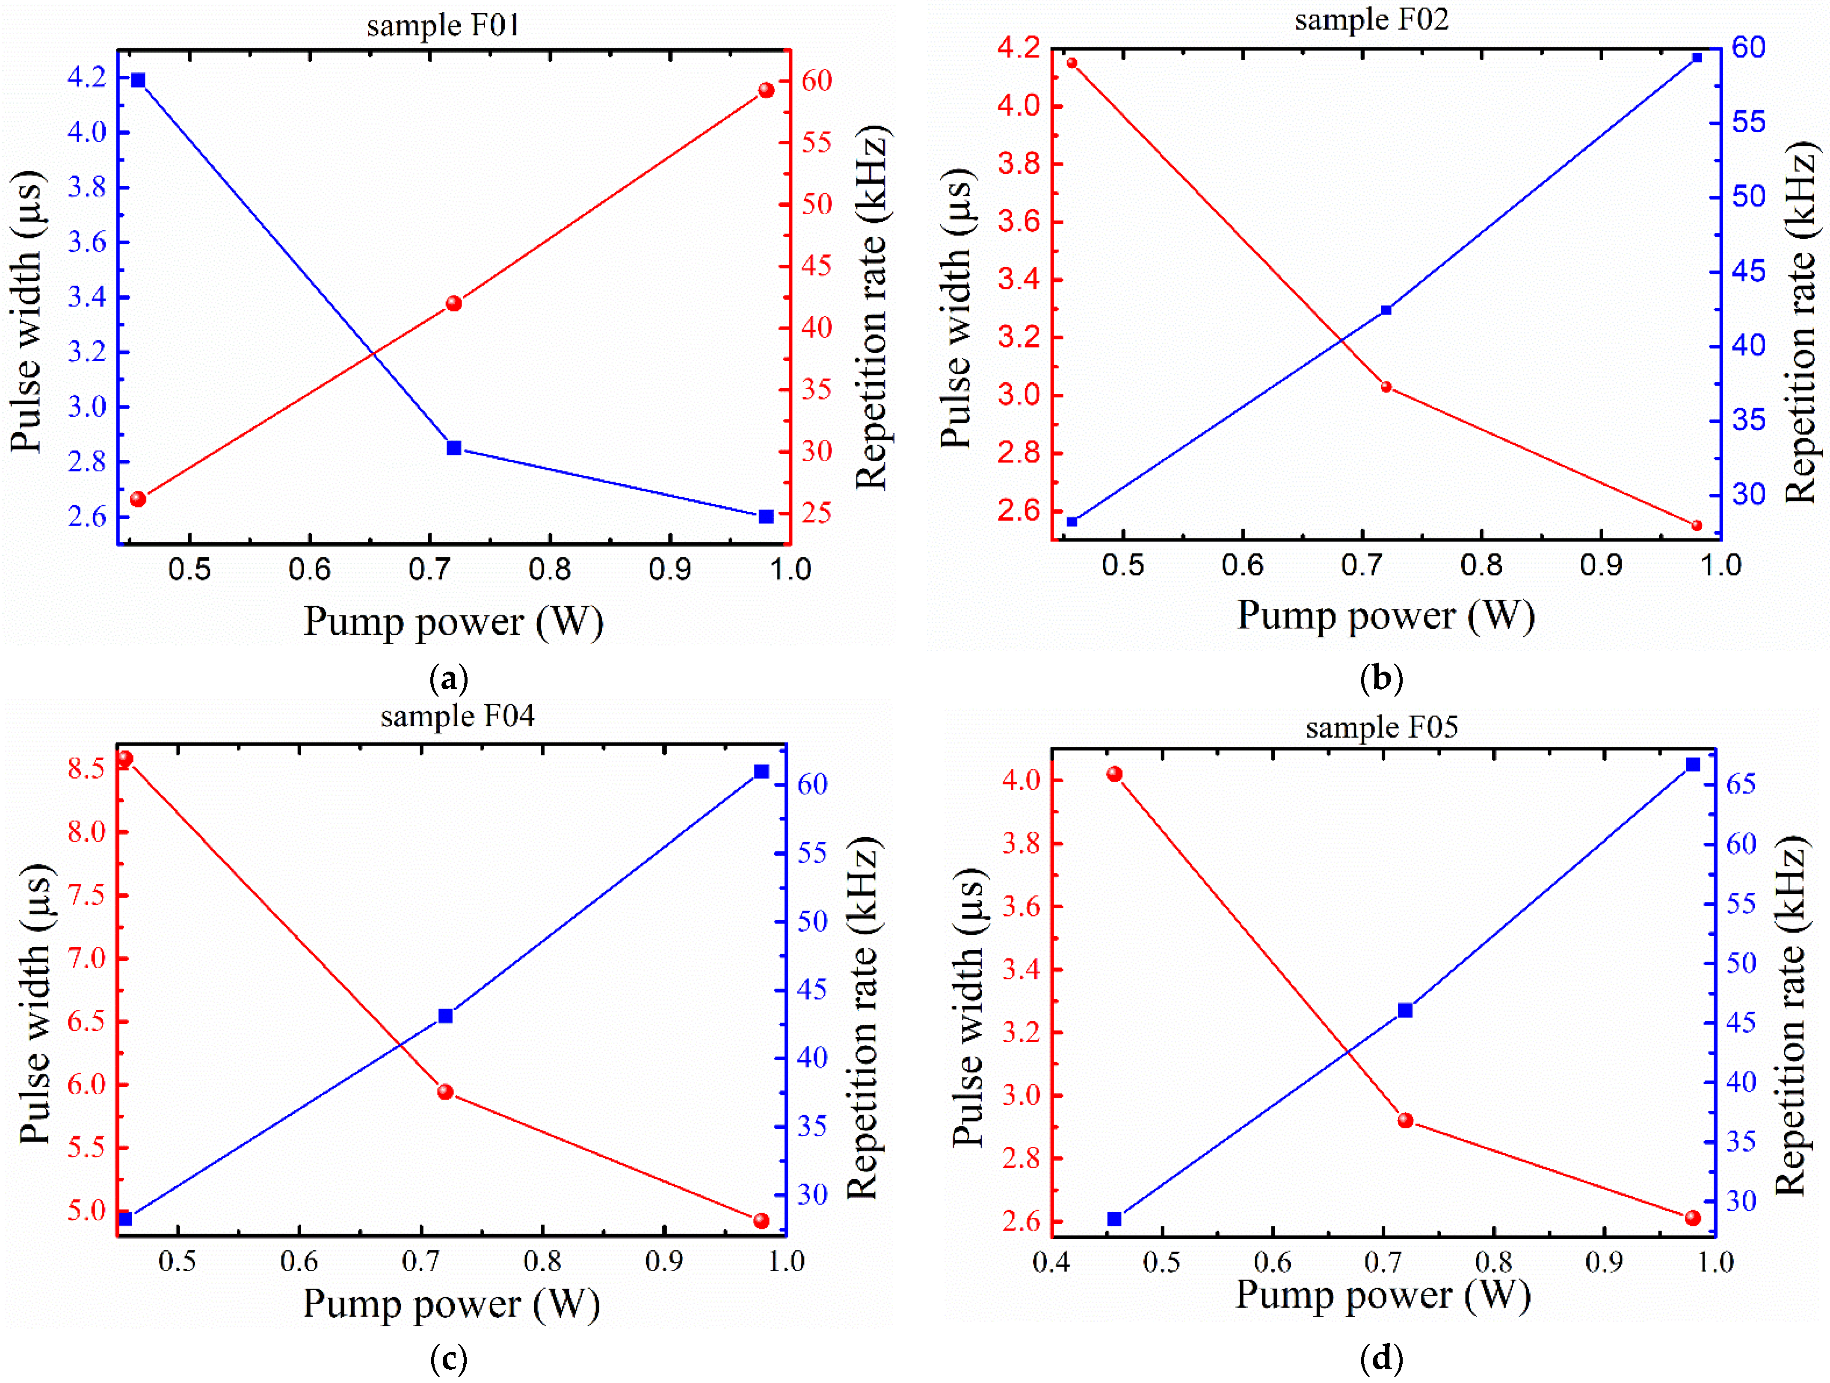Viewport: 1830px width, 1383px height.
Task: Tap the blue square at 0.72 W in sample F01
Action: (x=453, y=448)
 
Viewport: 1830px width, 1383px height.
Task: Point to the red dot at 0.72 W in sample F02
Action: (x=1386, y=387)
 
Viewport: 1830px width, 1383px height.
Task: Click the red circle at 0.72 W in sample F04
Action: (x=445, y=1092)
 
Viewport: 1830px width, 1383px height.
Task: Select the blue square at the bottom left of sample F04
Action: (x=126, y=1218)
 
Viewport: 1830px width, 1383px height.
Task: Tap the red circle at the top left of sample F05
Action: (x=1114, y=774)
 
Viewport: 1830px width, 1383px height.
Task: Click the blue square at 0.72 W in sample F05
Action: (x=1405, y=1010)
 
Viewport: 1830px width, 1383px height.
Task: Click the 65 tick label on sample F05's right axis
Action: (x=1741, y=783)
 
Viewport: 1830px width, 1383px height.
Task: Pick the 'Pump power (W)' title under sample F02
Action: (x=1386, y=616)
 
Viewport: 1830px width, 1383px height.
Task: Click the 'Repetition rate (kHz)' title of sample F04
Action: (x=863, y=1018)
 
